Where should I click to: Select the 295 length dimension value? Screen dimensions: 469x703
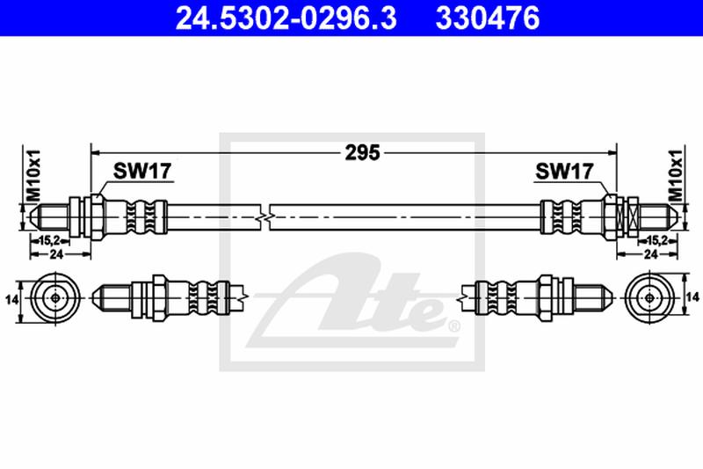click(x=361, y=152)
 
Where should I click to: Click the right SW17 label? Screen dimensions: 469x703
click(x=563, y=172)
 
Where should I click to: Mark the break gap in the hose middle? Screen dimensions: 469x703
click(x=267, y=213)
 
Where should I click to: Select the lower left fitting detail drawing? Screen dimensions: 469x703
click(x=167, y=297)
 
